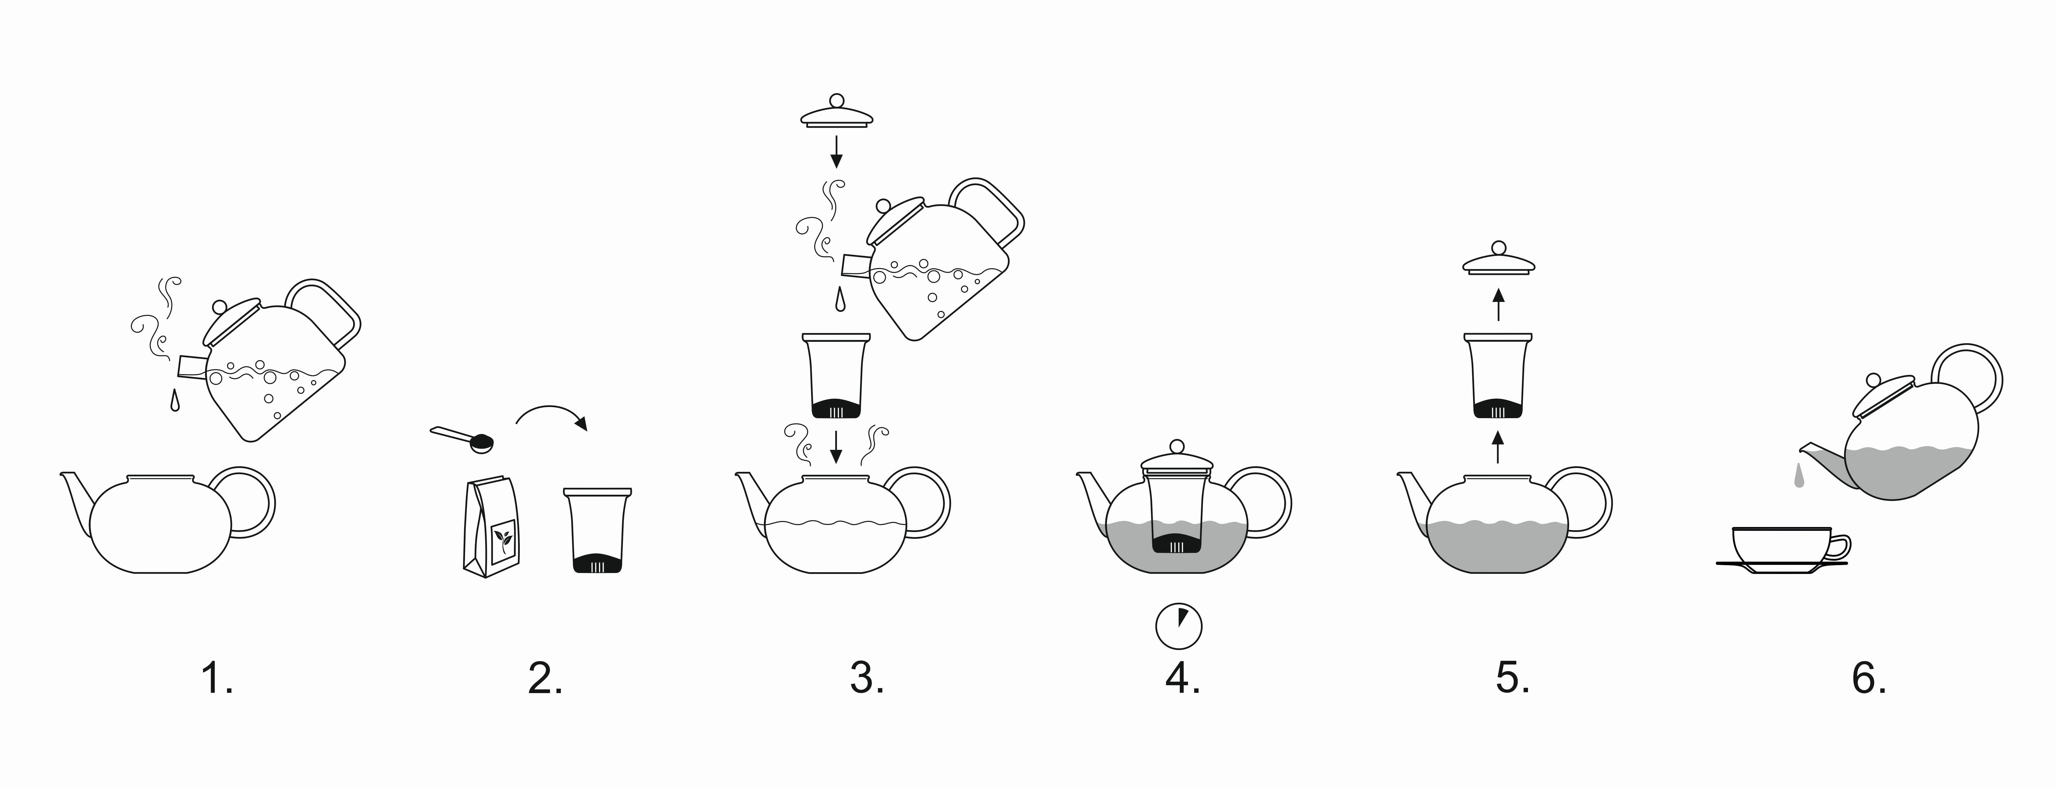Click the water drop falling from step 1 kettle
(x=174, y=401)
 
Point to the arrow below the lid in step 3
(x=836, y=152)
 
